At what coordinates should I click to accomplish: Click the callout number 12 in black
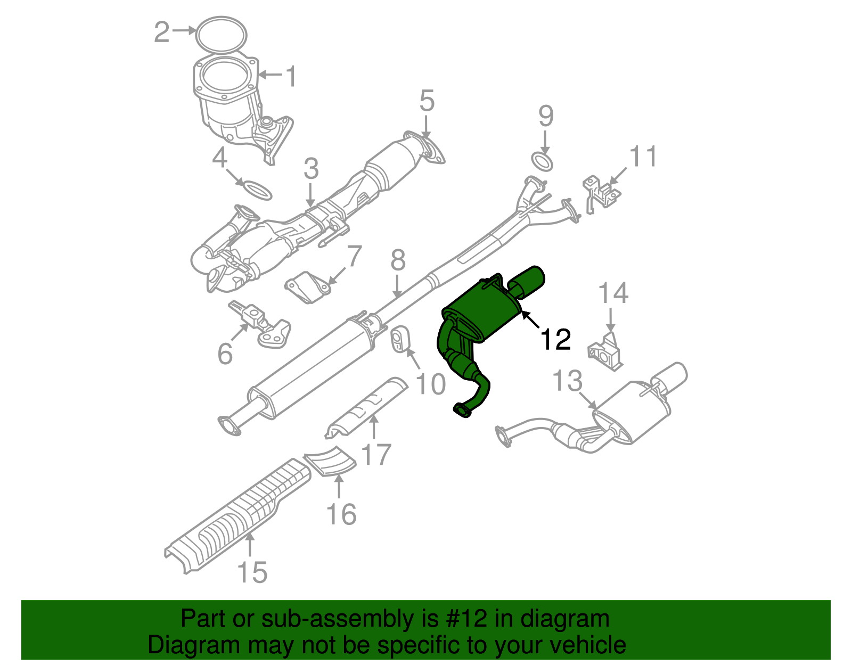click(556, 340)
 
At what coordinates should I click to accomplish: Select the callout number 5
click(427, 101)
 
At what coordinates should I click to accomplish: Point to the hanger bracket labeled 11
click(602, 194)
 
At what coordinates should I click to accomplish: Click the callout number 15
click(252, 572)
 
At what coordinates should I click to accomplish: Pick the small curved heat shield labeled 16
click(330, 461)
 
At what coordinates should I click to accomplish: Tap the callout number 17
click(376, 454)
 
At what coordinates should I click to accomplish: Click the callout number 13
click(568, 381)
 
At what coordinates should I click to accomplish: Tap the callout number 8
click(398, 260)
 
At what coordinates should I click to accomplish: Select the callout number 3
click(311, 168)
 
